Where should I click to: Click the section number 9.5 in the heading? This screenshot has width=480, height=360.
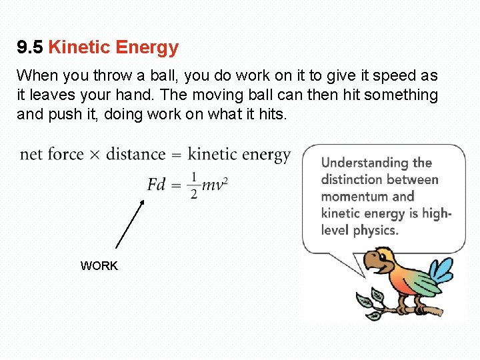click(x=30, y=48)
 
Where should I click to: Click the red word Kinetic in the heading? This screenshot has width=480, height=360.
click(x=79, y=48)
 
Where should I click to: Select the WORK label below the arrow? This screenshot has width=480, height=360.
click(x=99, y=266)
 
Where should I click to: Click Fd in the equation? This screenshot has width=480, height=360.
click(x=157, y=184)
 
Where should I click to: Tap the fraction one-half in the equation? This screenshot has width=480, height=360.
click(x=194, y=185)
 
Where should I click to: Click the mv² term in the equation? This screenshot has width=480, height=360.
click(x=215, y=183)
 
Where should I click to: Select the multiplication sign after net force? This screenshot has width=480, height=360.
click(x=94, y=155)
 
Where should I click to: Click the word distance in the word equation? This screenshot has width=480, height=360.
click(x=136, y=155)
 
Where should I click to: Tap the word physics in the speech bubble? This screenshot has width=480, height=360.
click(x=376, y=231)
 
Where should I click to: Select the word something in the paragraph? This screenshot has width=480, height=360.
click(x=400, y=95)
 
